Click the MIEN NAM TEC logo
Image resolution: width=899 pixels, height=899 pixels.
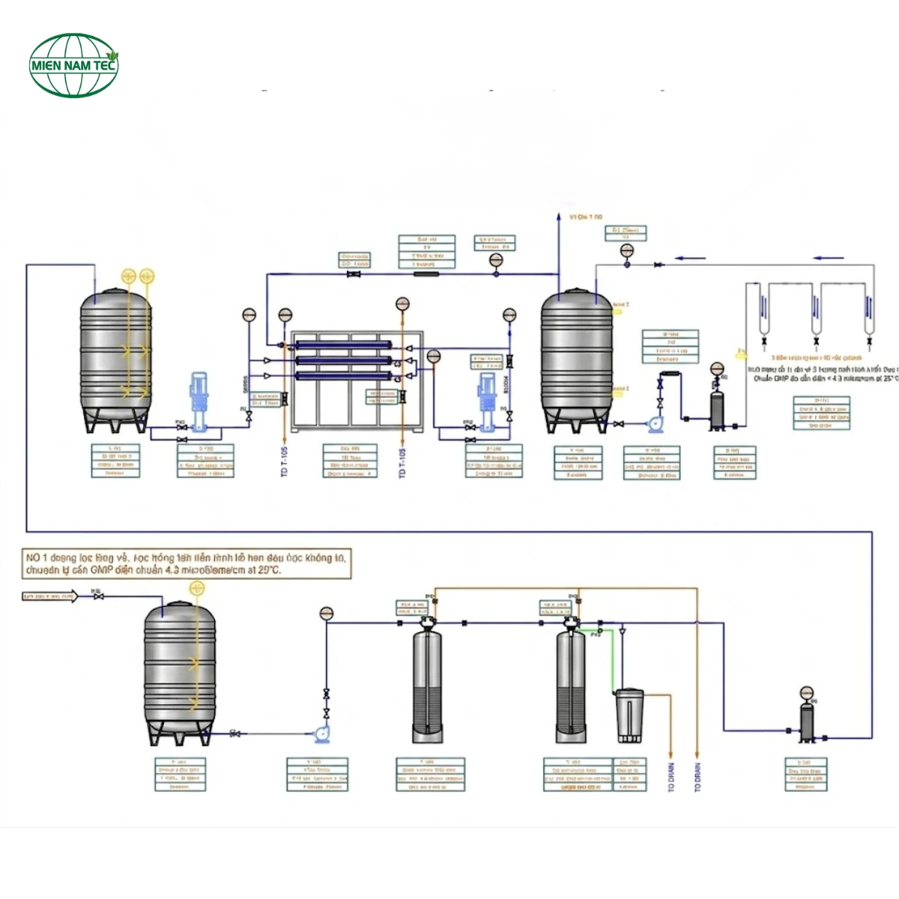point(73,65)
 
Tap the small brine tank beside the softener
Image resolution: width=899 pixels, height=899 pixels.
point(629,715)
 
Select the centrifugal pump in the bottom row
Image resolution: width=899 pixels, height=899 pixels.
point(322,733)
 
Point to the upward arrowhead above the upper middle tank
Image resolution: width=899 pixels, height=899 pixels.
point(559,217)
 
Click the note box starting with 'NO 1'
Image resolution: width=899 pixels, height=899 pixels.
point(187,563)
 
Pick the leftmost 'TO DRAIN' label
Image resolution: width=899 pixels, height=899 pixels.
point(671,777)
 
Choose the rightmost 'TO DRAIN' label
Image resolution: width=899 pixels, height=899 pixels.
point(697,777)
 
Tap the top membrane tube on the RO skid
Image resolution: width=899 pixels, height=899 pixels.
point(343,345)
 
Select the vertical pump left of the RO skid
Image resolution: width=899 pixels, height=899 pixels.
point(199,402)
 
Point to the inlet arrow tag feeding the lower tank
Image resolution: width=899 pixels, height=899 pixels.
point(49,596)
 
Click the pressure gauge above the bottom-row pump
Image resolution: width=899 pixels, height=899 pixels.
point(326,614)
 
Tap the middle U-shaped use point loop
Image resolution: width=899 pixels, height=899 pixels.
point(816,311)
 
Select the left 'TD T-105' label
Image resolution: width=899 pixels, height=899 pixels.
point(285,461)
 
